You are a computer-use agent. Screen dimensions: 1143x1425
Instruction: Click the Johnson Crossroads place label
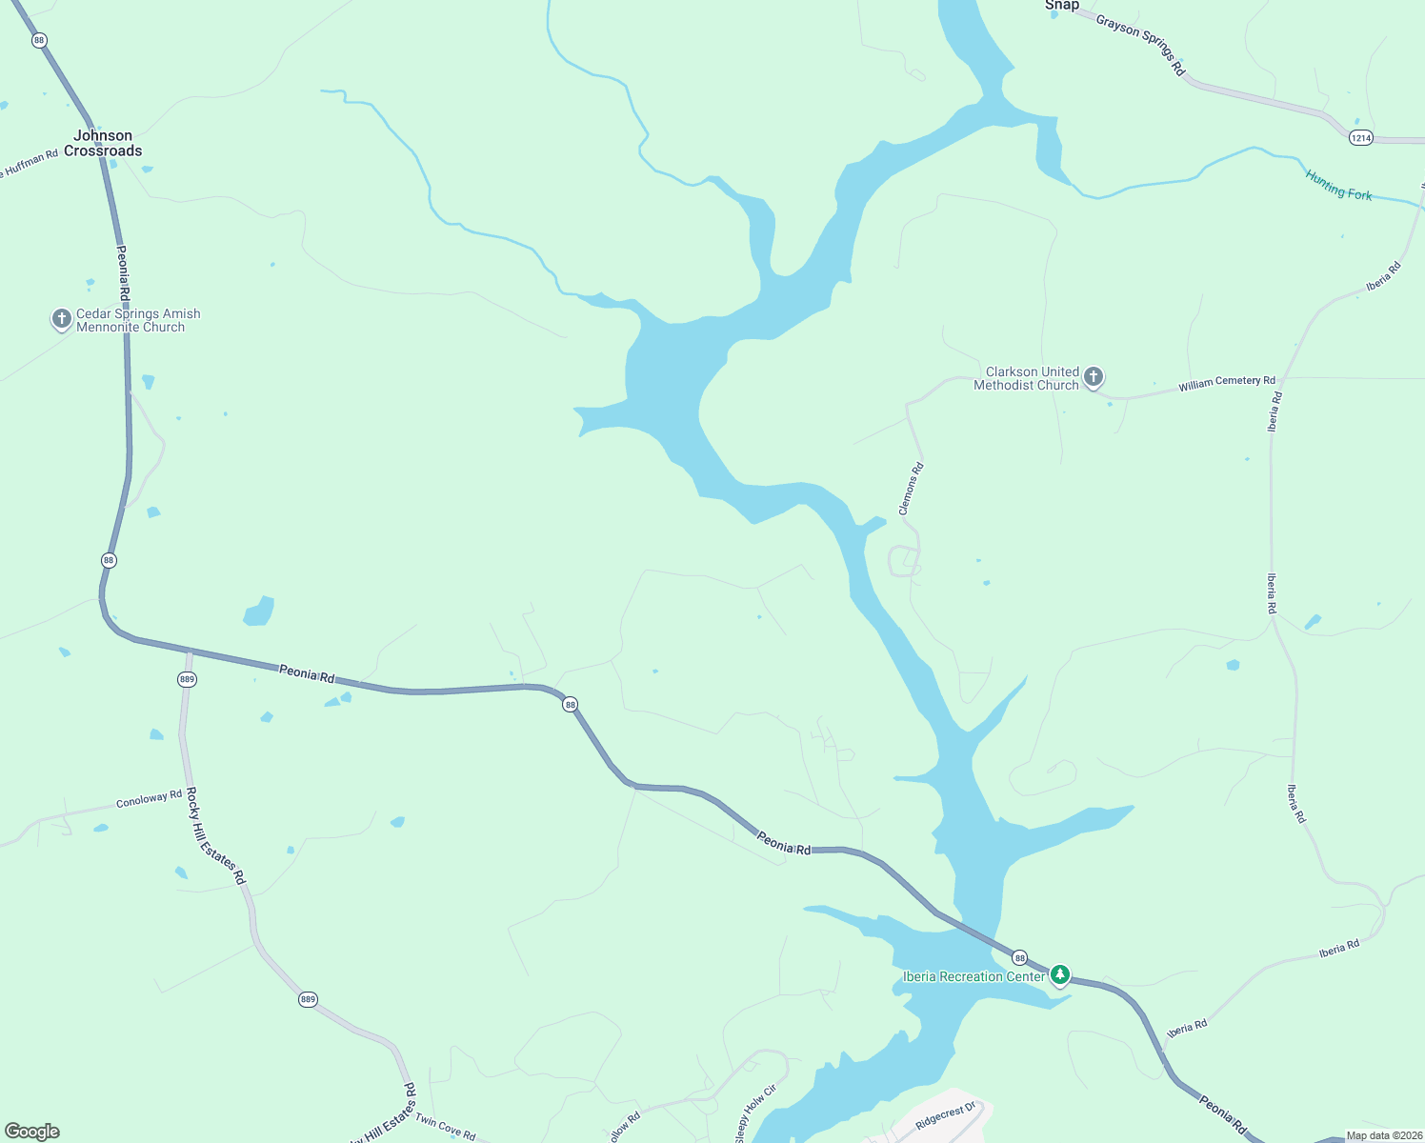pyautogui.click(x=103, y=143)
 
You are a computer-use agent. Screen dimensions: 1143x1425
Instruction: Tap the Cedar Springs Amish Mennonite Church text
pyautogui.click(x=138, y=320)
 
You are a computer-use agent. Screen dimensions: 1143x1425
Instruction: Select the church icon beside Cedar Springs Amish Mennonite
pyautogui.click(x=62, y=319)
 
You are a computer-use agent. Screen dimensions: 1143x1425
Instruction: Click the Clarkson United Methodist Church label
pyautogui.click(x=1026, y=378)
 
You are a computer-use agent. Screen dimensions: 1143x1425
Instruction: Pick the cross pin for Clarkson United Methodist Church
pyautogui.click(x=1094, y=377)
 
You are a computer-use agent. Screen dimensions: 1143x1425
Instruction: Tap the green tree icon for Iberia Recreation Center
pyautogui.click(x=1059, y=975)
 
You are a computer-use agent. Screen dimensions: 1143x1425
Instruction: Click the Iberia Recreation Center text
pyautogui.click(x=973, y=976)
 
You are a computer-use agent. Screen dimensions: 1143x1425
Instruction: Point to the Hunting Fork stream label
pyautogui.click(x=1338, y=185)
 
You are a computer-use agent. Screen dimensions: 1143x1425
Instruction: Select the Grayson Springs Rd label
pyautogui.click(x=1140, y=44)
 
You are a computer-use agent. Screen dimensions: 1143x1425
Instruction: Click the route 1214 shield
pyautogui.click(x=1360, y=138)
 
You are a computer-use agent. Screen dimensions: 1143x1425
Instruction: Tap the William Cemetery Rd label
pyautogui.click(x=1226, y=383)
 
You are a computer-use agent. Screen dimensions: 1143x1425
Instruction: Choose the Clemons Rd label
pyautogui.click(x=912, y=489)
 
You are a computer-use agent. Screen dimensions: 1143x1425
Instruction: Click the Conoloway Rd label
pyautogui.click(x=149, y=799)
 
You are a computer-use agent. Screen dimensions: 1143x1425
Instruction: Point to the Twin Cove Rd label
pyautogui.click(x=445, y=1128)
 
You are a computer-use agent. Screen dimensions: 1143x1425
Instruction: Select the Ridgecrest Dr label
pyautogui.click(x=946, y=1116)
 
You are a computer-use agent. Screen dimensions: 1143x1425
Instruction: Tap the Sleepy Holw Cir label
pyautogui.click(x=755, y=1113)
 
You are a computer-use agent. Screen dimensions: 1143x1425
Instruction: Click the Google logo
pyautogui.click(x=32, y=1131)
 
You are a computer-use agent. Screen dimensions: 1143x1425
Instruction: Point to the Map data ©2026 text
pyautogui.click(x=1383, y=1135)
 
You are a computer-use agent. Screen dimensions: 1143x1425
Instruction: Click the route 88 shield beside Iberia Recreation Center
pyautogui.click(x=1019, y=957)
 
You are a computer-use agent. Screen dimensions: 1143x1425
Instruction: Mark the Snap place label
pyautogui.click(x=1062, y=6)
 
